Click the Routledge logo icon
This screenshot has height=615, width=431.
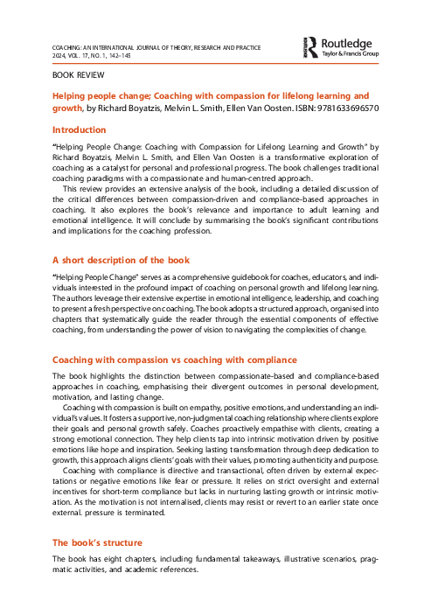tap(310, 46)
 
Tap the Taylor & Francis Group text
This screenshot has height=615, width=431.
tap(351, 54)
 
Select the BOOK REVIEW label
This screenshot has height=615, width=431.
tap(75, 76)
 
